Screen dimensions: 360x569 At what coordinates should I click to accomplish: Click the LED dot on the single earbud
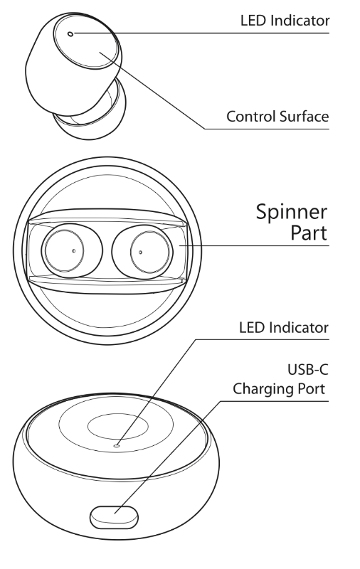pos(70,33)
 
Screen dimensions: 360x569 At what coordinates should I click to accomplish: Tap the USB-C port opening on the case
pos(114,517)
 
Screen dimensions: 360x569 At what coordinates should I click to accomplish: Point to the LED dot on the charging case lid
pos(116,445)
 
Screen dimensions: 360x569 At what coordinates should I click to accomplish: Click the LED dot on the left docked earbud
pos(74,251)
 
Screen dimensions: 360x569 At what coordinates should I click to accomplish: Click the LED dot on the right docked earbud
pos(140,252)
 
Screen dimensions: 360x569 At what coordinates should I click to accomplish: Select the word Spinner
pos(292,212)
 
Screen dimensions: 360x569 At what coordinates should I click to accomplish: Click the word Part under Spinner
pos(309,233)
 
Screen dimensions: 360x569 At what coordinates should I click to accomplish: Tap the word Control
pos(251,117)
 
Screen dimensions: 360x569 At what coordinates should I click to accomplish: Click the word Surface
pos(304,117)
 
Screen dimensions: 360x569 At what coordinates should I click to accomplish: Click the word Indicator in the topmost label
pos(300,21)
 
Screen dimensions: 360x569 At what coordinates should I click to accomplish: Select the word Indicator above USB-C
pos(299,328)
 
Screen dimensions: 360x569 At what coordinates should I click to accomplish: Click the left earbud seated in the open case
pos(72,251)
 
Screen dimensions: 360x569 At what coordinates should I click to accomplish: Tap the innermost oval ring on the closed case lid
pos(118,427)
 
